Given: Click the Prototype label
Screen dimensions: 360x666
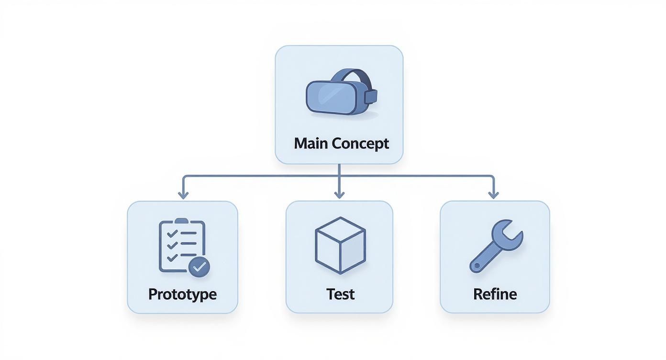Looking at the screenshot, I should (x=182, y=293).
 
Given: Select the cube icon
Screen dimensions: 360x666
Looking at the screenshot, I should (x=340, y=245).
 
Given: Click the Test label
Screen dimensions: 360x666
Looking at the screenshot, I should (x=340, y=293).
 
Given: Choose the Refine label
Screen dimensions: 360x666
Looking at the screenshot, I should (x=495, y=293).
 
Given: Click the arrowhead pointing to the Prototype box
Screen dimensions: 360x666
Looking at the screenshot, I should (x=182, y=194).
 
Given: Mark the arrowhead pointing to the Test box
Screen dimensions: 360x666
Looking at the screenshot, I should (x=339, y=194).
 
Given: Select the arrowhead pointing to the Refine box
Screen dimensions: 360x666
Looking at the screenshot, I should (x=493, y=194).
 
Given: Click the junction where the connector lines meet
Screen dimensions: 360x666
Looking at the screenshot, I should (x=339, y=177).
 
